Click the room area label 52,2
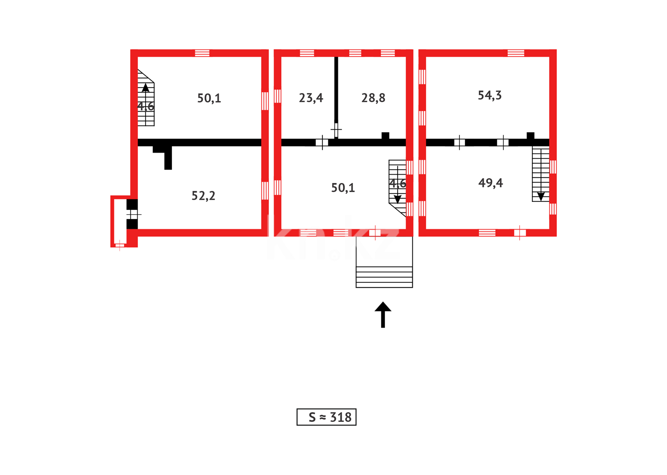tap(203, 196)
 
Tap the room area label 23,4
tap(311, 98)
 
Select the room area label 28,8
tap(373, 98)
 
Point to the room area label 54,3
tap(490, 95)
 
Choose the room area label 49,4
tap(491, 183)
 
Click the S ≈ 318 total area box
tap(326, 417)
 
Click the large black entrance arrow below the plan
tap(383, 314)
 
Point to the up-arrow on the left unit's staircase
tap(145, 88)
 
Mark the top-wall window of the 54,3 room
tap(516, 53)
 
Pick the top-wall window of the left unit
tap(202, 53)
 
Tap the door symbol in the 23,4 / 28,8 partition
tap(336, 130)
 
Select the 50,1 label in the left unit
tap(209, 98)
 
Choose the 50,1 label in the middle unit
tap(343, 188)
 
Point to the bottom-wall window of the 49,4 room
tap(487, 233)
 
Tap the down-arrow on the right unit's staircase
tap(541, 196)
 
